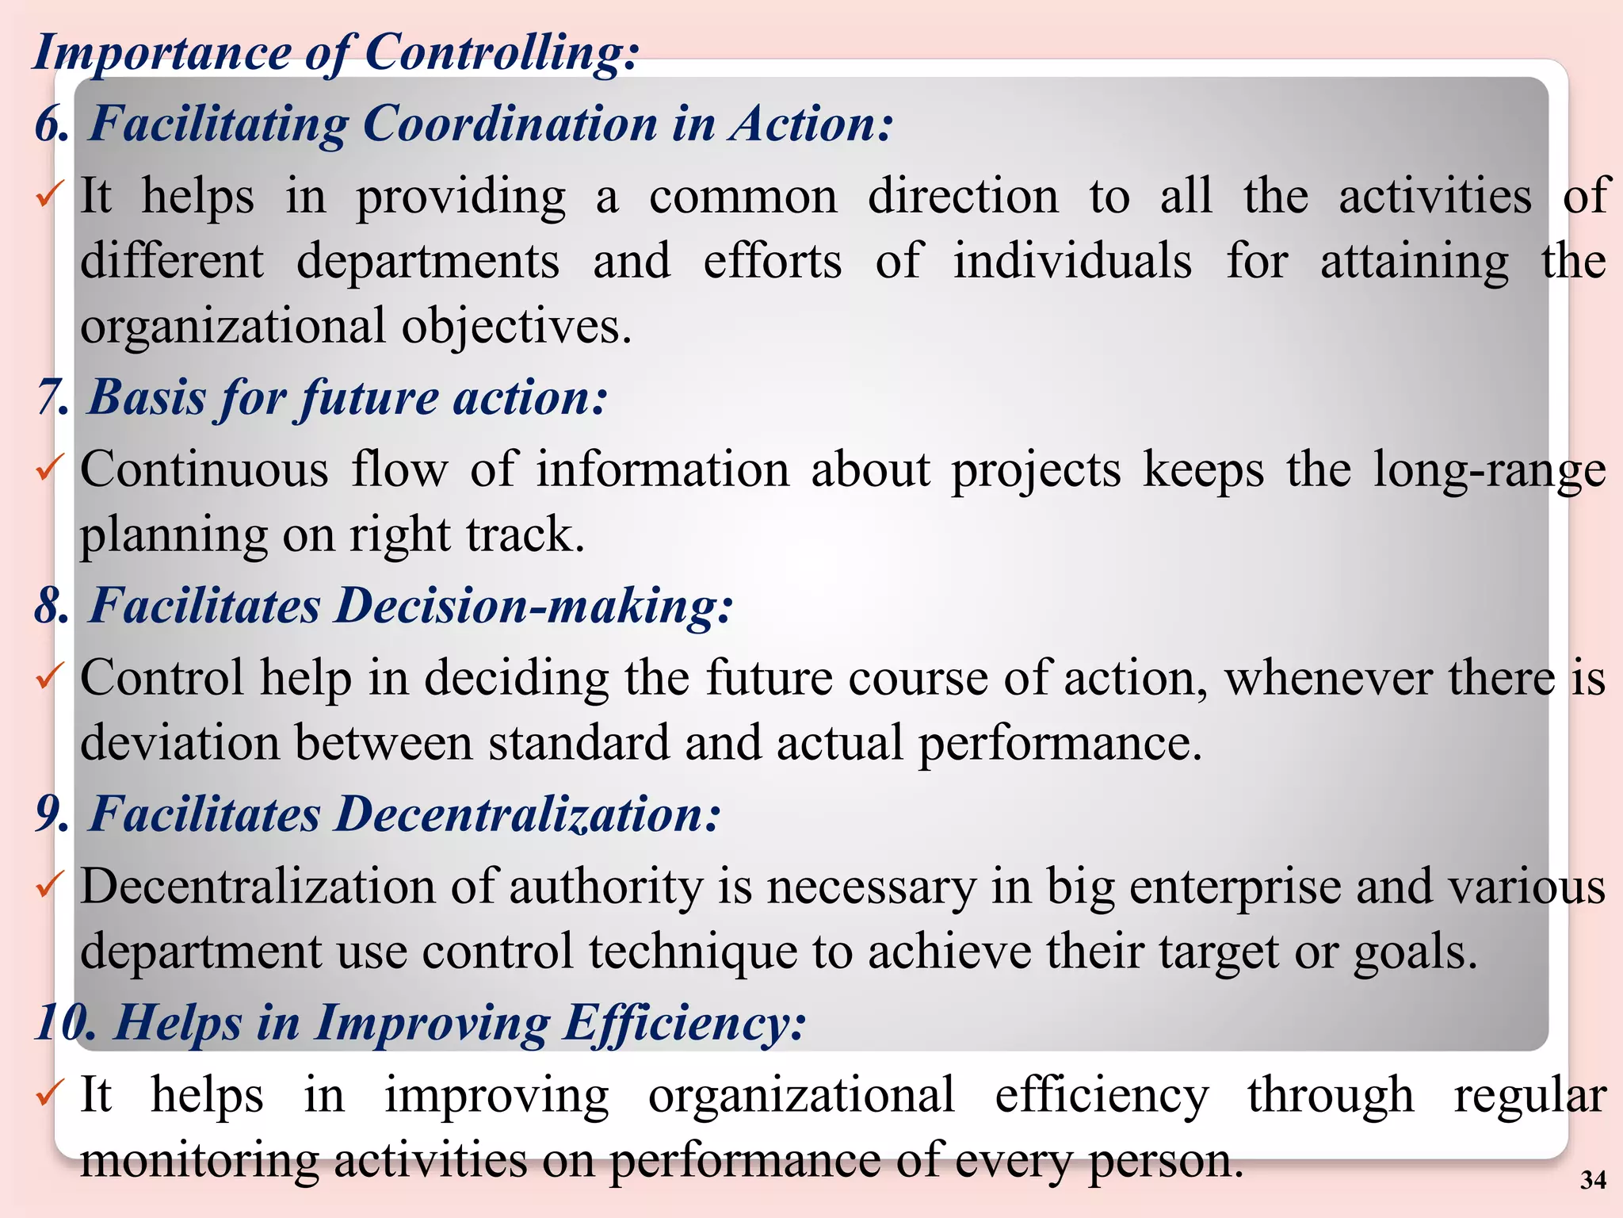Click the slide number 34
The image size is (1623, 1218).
(x=1593, y=1180)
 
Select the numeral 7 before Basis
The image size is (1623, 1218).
(x=50, y=397)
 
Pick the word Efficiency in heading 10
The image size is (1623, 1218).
(x=685, y=1023)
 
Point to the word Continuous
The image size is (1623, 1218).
(x=204, y=469)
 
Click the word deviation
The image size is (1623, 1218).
(x=180, y=744)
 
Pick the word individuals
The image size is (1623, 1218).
(x=1072, y=262)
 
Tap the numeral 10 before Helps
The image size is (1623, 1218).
(x=67, y=1023)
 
